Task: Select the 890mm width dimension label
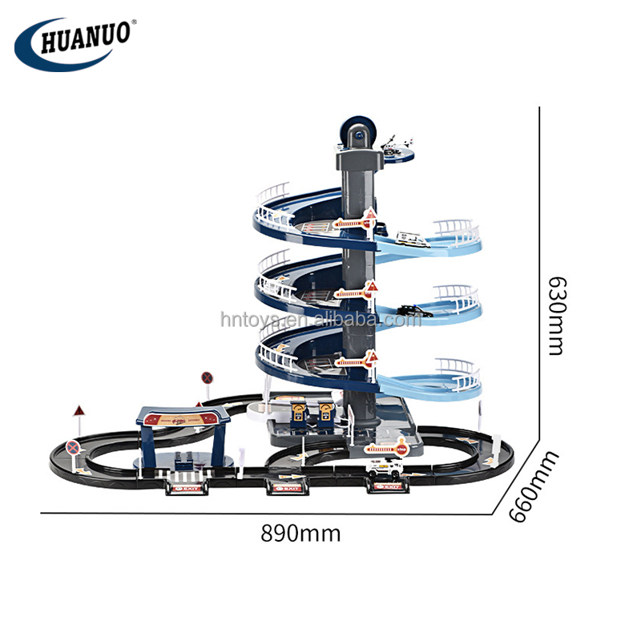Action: [300, 533]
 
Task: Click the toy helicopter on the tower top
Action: [395, 145]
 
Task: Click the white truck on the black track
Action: [385, 474]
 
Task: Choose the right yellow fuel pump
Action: [325, 412]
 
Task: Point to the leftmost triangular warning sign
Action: [79, 411]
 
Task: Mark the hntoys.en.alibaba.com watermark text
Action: [320, 320]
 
